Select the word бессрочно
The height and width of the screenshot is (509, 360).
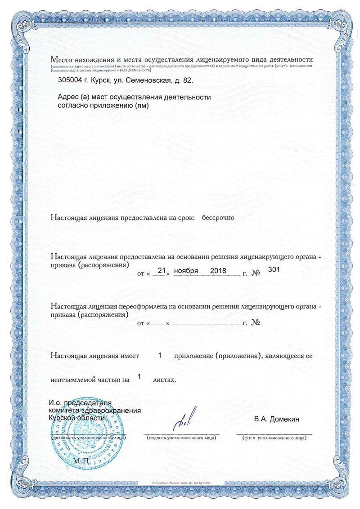pyautogui.click(x=218, y=218)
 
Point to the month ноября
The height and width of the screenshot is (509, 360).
pyautogui.click(x=186, y=271)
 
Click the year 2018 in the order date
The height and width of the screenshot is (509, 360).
pyautogui.click(x=218, y=271)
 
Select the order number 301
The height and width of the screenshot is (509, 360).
pyautogui.click(x=274, y=269)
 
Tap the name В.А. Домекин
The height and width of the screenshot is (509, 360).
pyautogui.click(x=276, y=420)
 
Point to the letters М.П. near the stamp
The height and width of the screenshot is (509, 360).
pyautogui.click(x=82, y=460)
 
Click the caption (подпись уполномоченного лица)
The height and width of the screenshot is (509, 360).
pyautogui.click(x=181, y=437)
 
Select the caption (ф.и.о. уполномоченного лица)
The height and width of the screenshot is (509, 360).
pyautogui.click(x=274, y=437)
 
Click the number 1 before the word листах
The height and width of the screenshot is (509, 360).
pyautogui.click(x=139, y=376)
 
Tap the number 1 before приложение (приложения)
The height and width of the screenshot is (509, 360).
pyautogui.click(x=160, y=355)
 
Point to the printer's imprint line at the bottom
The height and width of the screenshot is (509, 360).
pyautogui.click(x=181, y=482)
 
